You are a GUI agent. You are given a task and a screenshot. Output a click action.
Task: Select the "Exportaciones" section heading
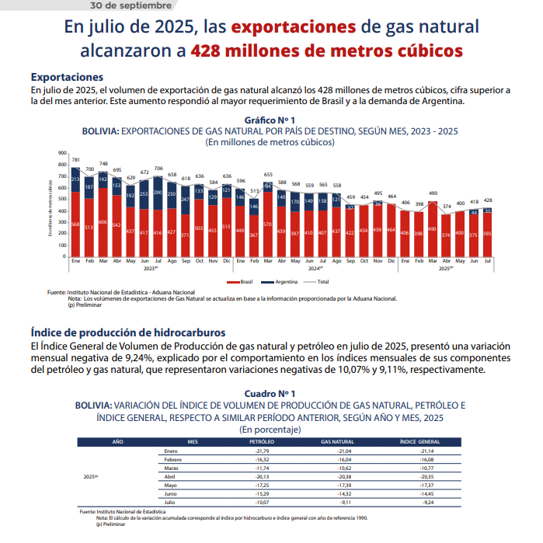coord(67,77)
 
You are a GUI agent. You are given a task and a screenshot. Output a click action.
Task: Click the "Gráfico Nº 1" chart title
coord(270,120)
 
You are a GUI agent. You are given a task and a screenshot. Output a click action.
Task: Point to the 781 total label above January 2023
coord(75,159)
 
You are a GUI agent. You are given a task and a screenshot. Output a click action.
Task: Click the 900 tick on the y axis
coord(62,153)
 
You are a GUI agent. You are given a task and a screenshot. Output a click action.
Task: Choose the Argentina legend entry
coord(280,281)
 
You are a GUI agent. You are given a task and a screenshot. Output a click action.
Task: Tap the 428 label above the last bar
coord(488,200)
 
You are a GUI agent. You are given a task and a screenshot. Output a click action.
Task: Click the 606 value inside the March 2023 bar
coord(103,222)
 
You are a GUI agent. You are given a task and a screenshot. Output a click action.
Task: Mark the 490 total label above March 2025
coord(433,193)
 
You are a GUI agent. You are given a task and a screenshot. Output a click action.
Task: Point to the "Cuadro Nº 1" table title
coord(270,394)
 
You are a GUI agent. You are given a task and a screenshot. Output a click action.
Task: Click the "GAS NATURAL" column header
coord(337,441)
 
